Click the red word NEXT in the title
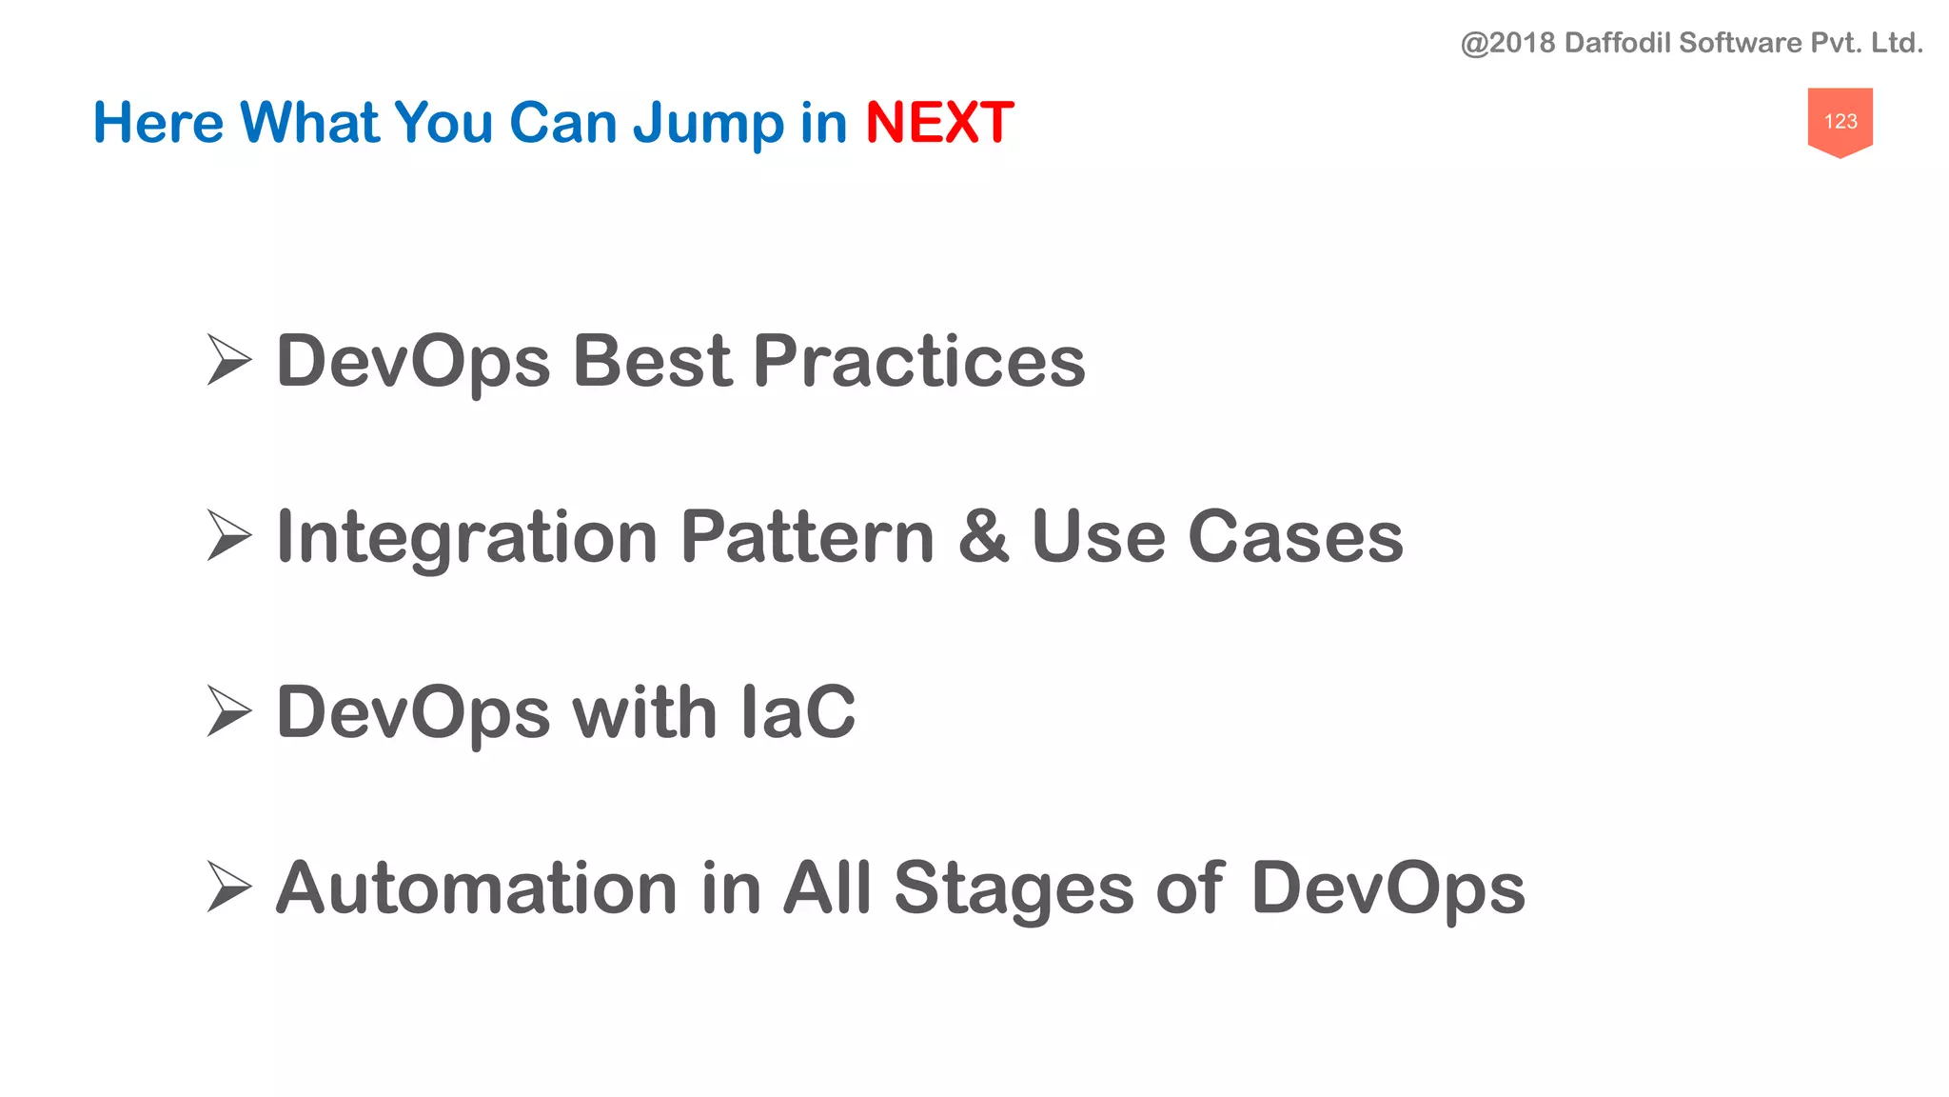coord(938,123)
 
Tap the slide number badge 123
coord(1840,121)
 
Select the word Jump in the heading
coord(709,125)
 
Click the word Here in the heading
coord(158,123)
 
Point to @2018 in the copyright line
coord(1507,43)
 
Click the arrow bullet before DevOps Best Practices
coord(228,360)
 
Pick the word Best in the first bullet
coord(652,361)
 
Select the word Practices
coord(918,361)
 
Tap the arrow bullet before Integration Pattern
coord(228,535)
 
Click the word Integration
coord(466,538)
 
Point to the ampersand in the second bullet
coord(983,536)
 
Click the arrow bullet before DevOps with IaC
coord(228,711)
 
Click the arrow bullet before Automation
coord(228,887)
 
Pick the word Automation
coord(476,888)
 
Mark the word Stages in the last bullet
coord(1014,889)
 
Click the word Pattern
coord(808,536)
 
